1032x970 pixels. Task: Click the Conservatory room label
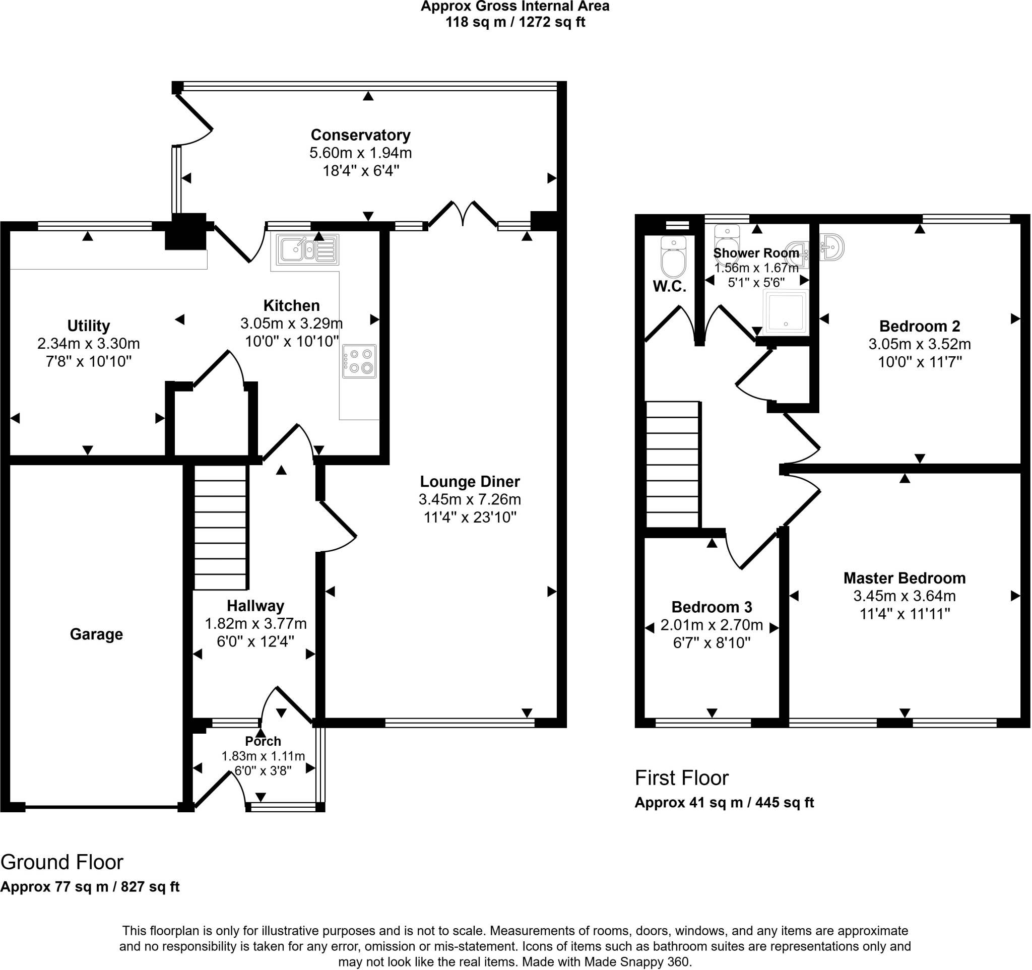click(x=360, y=135)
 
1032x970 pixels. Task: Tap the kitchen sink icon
click(x=307, y=248)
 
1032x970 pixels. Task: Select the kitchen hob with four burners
click(x=359, y=361)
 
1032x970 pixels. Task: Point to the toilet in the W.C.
click(x=673, y=258)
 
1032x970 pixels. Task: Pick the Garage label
click(x=97, y=634)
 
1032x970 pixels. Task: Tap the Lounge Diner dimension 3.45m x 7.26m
click(x=470, y=499)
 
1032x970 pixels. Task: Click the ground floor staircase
click(x=220, y=527)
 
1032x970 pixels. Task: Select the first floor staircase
click(x=672, y=465)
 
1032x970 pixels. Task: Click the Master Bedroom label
click(x=905, y=578)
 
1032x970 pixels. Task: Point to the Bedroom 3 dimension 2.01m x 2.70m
click(x=712, y=625)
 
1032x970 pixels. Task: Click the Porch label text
click(x=263, y=741)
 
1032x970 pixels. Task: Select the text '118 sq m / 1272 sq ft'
click(x=515, y=22)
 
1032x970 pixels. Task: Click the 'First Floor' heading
click(x=682, y=778)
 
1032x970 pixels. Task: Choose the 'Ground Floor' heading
click(x=62, y=862)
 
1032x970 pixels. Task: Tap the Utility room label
click(x=89, y=326)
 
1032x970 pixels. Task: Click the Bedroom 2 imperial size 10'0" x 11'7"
click(x=920, y=362)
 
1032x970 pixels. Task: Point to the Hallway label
click(x=255, y=606)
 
